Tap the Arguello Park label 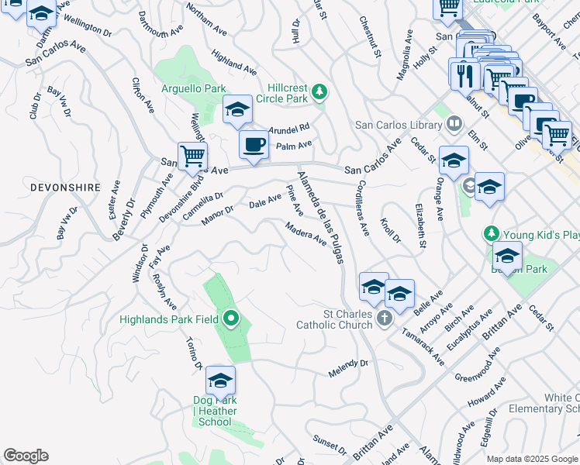pyautogui.click(x=193, y=88)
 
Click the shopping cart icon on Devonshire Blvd pyautogui.click(x=192, y=155)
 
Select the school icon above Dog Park pyautogui.click(x=220, y=381)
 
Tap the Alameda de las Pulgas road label pyautogui.click(x=320, y=218)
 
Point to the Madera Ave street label pyautogui.click(x=306, y=234)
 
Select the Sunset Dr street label pyautogui.click(x=330, y=444)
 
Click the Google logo pyautogui.click(x=26, y=456)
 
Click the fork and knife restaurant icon pyautogui.click(x=464, y=74)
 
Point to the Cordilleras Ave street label pyautogui.click(x=361, y=209)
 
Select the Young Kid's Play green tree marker pyautogui.click(x=490, y=233)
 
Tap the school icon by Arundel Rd pyautogui.click(x=237, y=110)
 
